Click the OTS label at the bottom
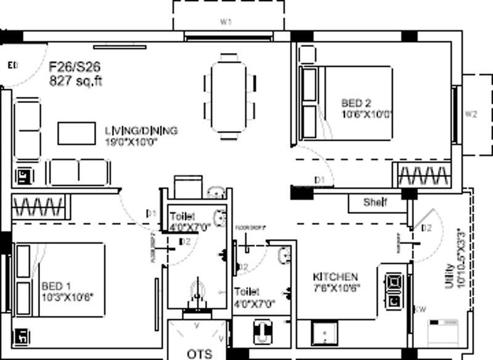[200, 353]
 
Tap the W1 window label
[226, 22]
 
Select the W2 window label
[471, 114]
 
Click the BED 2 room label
[356, 103]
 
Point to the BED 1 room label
[56, 286]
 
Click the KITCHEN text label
[335, 277]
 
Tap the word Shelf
[374, 202]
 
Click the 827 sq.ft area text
[75, 81]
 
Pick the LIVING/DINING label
[141, 131]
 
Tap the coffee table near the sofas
[76, 133]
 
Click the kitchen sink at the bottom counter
[324, 335]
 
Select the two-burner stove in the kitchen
[393, 290]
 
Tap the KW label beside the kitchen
[420, 309]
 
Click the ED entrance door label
[12, 65]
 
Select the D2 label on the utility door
[426, 228]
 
